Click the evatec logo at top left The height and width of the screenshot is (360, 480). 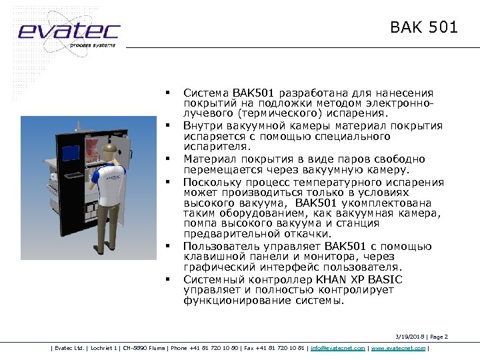coord(69,31)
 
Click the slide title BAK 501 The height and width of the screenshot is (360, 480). coord(424,27)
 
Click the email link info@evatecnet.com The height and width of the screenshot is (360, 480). coord(337,348)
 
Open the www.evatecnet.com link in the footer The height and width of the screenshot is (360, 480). coord(397,348)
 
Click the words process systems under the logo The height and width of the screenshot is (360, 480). coord(93,45)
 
